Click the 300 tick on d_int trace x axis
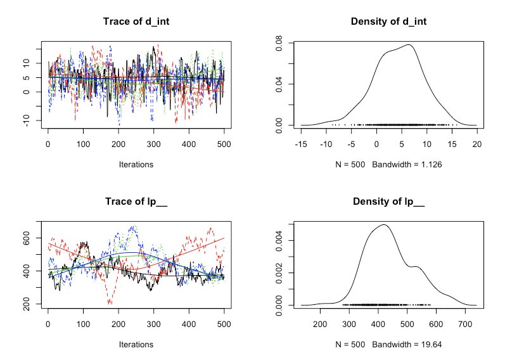pos(189,143)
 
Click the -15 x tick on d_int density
pos(301,143)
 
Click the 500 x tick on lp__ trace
pos(224,323)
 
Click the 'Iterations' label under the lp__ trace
pos(136,345)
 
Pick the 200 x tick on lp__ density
pos(321,323)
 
